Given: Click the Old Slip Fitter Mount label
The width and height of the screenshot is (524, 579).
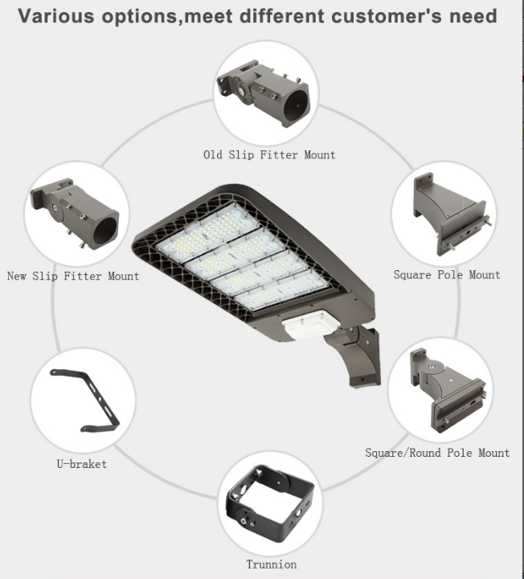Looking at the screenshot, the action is click(x=269, y=154).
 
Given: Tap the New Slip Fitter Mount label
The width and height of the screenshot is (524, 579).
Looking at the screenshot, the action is click(x=73, y=276).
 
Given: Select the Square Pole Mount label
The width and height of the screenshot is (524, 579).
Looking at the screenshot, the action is click(x=447, y=275).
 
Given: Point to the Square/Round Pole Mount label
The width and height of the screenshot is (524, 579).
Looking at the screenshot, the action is click(x=437, y=453).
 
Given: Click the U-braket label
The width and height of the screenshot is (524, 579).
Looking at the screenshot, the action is click(x=82, y=464).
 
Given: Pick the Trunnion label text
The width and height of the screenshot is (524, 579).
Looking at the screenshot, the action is click(x=272, y=565).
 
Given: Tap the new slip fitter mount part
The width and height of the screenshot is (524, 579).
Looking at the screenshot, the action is click(x=75, y=213).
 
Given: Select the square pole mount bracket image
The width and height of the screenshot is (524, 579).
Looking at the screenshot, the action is click(x=452, y=214).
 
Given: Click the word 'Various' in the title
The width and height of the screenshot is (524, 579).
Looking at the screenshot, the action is click(x=56, y=17).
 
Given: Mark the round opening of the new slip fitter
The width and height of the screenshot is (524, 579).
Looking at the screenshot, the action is click(x=105, y=230).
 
